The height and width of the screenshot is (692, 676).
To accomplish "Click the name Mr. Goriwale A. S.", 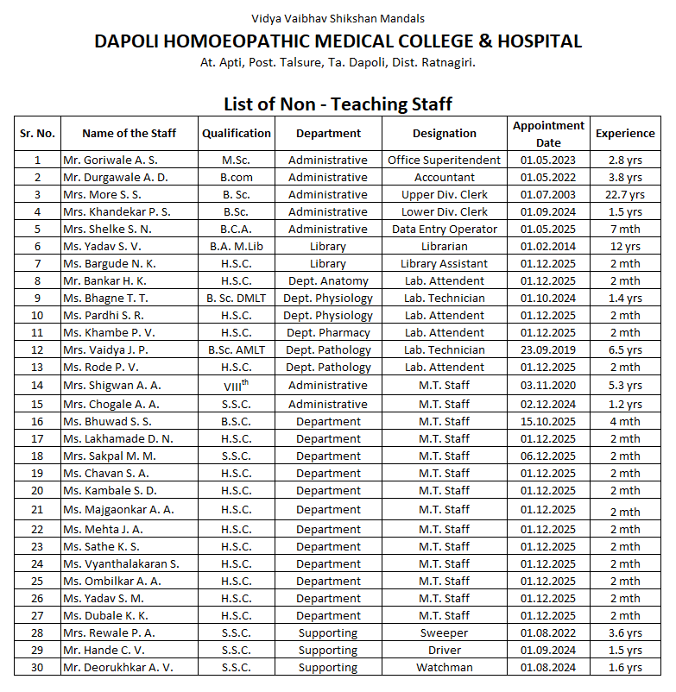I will [110, 160].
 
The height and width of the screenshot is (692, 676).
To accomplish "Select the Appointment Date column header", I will [548, 134].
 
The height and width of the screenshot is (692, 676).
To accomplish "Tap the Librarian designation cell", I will [444, 246].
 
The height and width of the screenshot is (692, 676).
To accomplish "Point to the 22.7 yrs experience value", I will [625, 194].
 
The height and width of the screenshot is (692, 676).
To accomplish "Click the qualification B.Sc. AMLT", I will [236, 349].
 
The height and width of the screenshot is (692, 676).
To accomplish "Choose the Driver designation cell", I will [444, 650].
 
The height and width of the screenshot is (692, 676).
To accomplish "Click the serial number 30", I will [37, 667].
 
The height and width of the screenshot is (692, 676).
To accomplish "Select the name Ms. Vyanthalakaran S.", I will [121, 563].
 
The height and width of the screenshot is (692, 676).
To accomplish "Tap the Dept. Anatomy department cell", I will [327, 280].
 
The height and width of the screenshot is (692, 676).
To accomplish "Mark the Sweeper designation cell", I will [444, 632].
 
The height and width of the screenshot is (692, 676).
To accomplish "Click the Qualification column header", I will [236, 133].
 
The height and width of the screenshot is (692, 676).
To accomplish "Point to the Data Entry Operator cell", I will [444, 229].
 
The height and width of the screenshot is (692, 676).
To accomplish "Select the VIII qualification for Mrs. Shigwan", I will [236, 386].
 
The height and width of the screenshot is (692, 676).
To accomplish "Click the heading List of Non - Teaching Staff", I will [338, 104].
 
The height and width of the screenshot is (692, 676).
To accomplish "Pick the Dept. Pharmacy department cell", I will [327, 332].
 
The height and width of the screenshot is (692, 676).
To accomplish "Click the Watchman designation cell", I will [444, 667].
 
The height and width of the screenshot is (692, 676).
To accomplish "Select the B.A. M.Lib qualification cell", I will [236, 246].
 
